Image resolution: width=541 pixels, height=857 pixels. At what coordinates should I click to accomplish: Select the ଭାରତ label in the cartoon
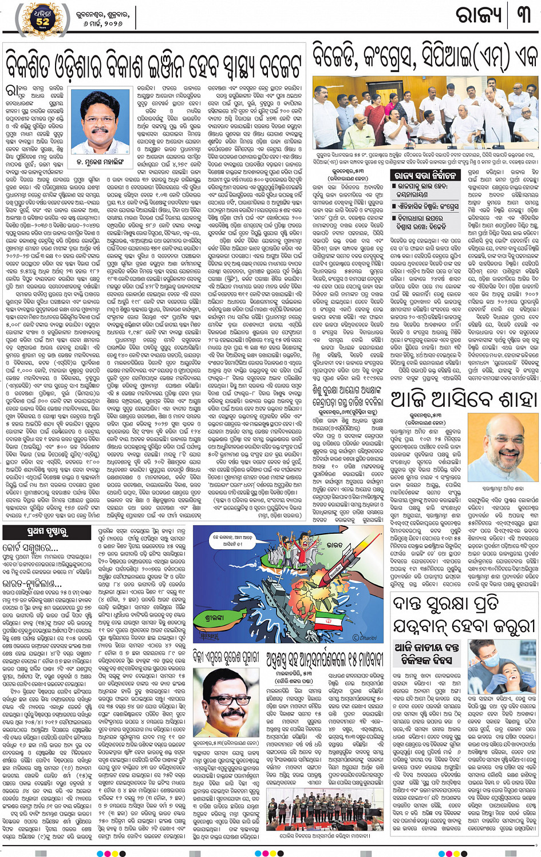(331, 544)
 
